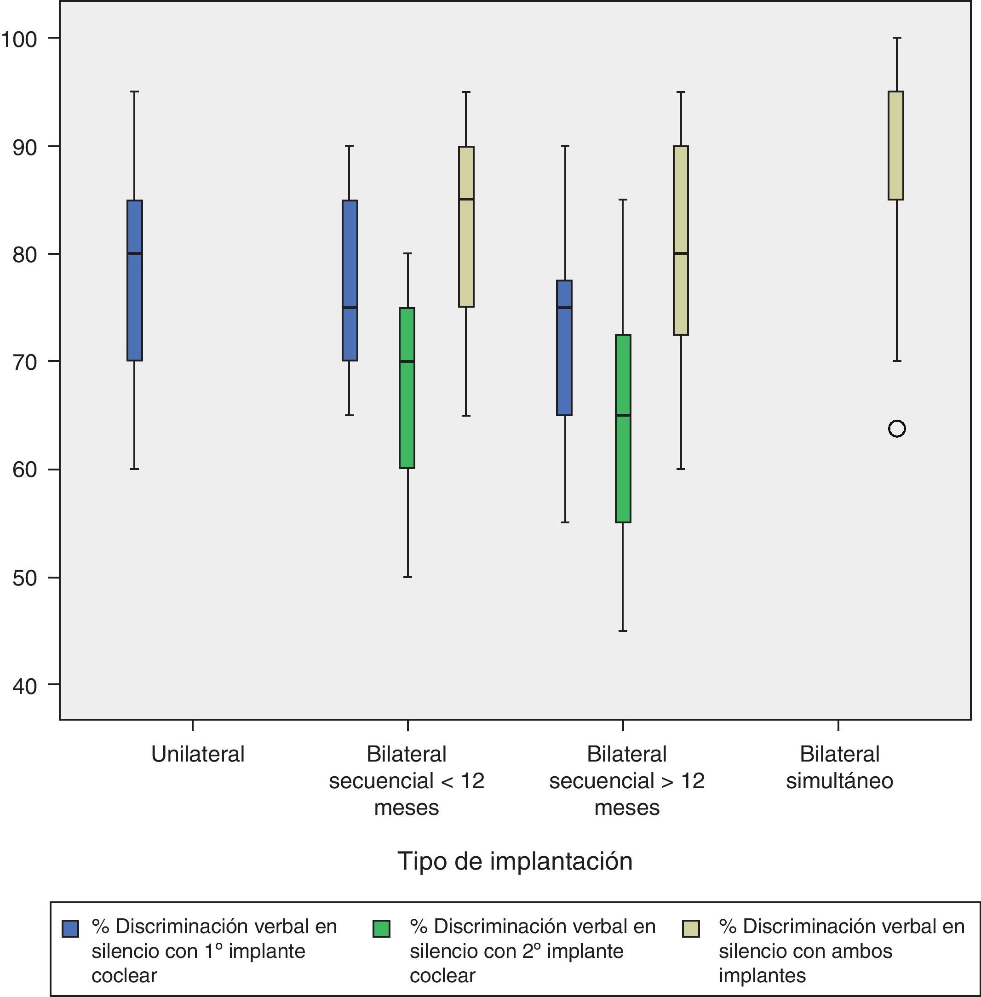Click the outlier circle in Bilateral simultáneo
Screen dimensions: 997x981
(896, 429)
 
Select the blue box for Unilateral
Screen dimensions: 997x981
(134, 281)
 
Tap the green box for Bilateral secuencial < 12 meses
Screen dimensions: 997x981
(407, 388)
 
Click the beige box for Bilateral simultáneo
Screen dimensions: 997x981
(896, 145)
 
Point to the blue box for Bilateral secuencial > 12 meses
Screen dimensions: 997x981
(564, 348)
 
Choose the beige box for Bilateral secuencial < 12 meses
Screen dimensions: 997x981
(466, 227)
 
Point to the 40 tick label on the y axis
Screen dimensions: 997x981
(25, 686)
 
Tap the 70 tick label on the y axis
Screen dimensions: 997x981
(25, 362)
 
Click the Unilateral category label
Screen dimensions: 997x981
(198, 754)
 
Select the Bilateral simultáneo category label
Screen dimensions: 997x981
(839, 767)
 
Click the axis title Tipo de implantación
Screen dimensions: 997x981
(515, 861)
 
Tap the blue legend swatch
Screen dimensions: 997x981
(70, 928)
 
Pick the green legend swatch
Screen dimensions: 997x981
(381, 928)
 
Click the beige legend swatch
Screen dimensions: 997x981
(691, 928)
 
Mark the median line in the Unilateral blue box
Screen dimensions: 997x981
(134, 253)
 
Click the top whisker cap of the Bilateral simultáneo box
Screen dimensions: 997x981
(896, 38)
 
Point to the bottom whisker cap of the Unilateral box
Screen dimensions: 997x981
(134, 469)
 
